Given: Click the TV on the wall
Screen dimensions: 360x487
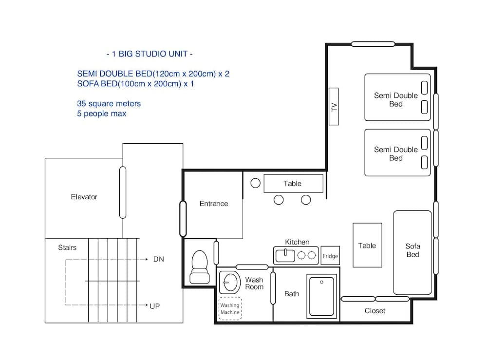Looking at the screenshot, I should point(334,106).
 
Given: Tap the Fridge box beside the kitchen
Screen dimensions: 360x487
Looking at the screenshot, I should point(330,256).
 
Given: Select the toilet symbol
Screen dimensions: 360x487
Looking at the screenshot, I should point(199,267).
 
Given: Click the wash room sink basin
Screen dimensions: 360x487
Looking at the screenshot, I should point(229,282).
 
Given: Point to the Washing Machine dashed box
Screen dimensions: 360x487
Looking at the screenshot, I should point(230,309).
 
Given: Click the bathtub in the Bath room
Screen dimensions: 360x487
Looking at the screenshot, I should point(321,296).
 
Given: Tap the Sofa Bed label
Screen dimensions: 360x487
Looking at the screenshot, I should point(412,250).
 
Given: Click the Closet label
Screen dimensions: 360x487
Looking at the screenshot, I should point(375,311).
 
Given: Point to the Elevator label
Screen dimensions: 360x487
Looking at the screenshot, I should point(84,197).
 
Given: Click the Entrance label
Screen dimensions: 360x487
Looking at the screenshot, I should point(213,204).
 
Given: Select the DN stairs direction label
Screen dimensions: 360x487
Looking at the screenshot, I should point(159,259).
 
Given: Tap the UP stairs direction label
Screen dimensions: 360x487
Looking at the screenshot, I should point(155,306).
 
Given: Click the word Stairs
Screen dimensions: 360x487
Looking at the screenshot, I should point(67,247).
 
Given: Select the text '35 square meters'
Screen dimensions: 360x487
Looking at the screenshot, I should point(109,104).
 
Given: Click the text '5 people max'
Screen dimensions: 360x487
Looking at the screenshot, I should point(101,114).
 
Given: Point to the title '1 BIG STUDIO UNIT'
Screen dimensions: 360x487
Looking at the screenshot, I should point(149,54).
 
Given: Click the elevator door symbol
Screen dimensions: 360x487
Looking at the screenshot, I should point(123,192).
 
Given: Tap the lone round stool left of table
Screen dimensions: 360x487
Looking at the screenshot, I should point(256,183).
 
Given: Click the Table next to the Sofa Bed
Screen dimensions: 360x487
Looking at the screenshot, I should point(367,245).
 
